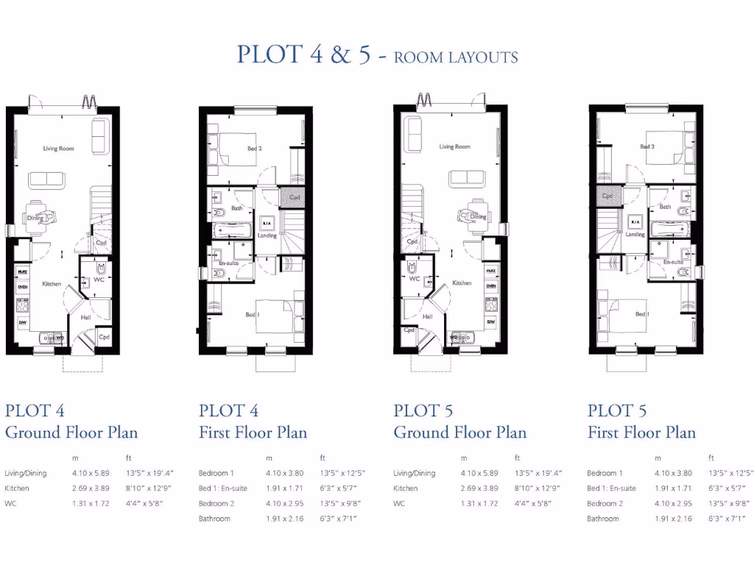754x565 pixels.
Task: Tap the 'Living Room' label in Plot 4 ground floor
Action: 58,149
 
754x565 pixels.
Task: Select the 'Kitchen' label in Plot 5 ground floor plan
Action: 462,283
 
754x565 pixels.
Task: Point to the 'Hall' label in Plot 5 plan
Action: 427,317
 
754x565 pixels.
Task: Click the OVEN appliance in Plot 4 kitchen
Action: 22,287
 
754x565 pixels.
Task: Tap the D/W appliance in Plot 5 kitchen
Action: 490,322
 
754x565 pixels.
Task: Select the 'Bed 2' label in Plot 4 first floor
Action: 254,149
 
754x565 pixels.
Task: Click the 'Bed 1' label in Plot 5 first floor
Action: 642,314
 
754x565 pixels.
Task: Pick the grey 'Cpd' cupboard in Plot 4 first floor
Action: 294,197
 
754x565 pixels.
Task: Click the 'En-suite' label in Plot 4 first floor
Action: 228,263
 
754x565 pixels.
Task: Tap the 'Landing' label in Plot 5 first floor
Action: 635,235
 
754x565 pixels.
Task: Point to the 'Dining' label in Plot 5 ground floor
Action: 479,217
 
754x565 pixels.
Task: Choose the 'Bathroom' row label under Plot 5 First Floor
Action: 603,519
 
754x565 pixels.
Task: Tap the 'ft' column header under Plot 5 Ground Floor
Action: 517,458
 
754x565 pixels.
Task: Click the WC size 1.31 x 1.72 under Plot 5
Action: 479,504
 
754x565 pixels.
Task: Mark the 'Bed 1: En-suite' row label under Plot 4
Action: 223,488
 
